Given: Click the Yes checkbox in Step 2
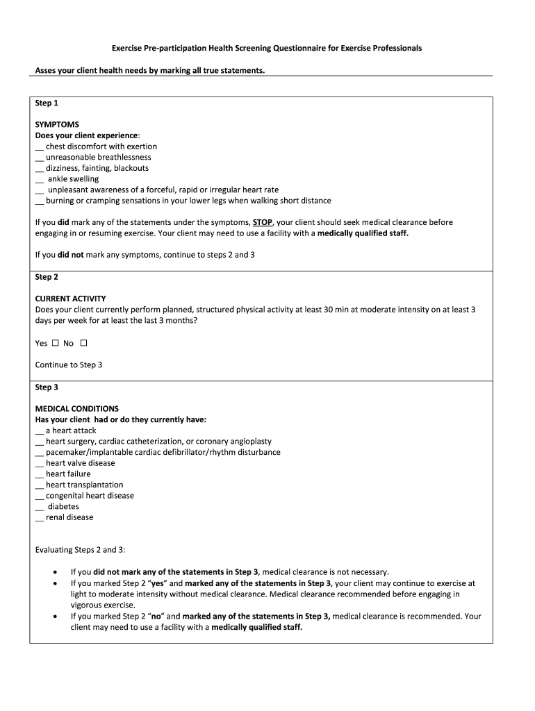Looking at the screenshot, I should (56, 343).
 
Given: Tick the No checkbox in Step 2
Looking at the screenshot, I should (84, 343).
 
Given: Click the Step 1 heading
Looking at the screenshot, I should (47, 103).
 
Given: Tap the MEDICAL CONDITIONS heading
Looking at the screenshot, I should (76, 409).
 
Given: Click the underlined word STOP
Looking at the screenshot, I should (263, 222).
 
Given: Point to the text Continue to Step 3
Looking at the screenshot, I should (69, 365).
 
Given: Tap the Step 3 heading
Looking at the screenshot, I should (47, 387).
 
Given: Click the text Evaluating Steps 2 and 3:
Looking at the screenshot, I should (80, 550).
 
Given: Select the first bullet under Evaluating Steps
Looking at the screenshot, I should (56, 572).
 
